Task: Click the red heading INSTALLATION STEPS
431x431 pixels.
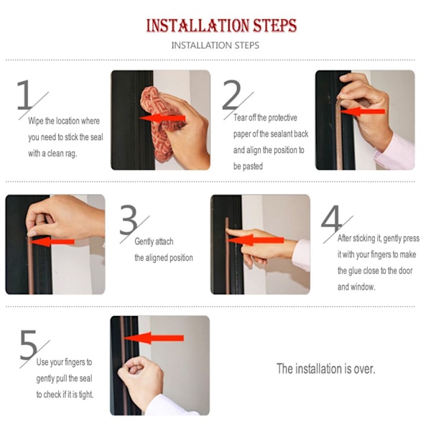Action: click(x=221, y=26)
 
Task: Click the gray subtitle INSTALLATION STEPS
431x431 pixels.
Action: click(x=215, y=45)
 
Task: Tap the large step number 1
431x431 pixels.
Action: click(x=25, y=95)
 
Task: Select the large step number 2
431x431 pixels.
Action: click(x=231, y=95)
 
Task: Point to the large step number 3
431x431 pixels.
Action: click(x=129, y=219)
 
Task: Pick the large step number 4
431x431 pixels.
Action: click(x=331, y=219)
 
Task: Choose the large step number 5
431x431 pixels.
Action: click(x=28, y=344)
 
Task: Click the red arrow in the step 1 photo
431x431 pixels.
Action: click(x=162, y=119)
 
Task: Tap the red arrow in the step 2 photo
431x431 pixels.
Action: click(x=363, y=111)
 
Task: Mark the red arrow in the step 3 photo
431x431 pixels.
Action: click(x=52, y=242)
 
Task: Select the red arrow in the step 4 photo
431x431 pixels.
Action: click(x=256, y=240)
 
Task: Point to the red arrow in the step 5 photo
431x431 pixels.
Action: click(x=154, y=338)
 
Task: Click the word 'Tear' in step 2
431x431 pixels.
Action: click(x=240, y=118)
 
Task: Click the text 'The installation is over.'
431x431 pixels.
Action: click(x=325, y=369)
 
